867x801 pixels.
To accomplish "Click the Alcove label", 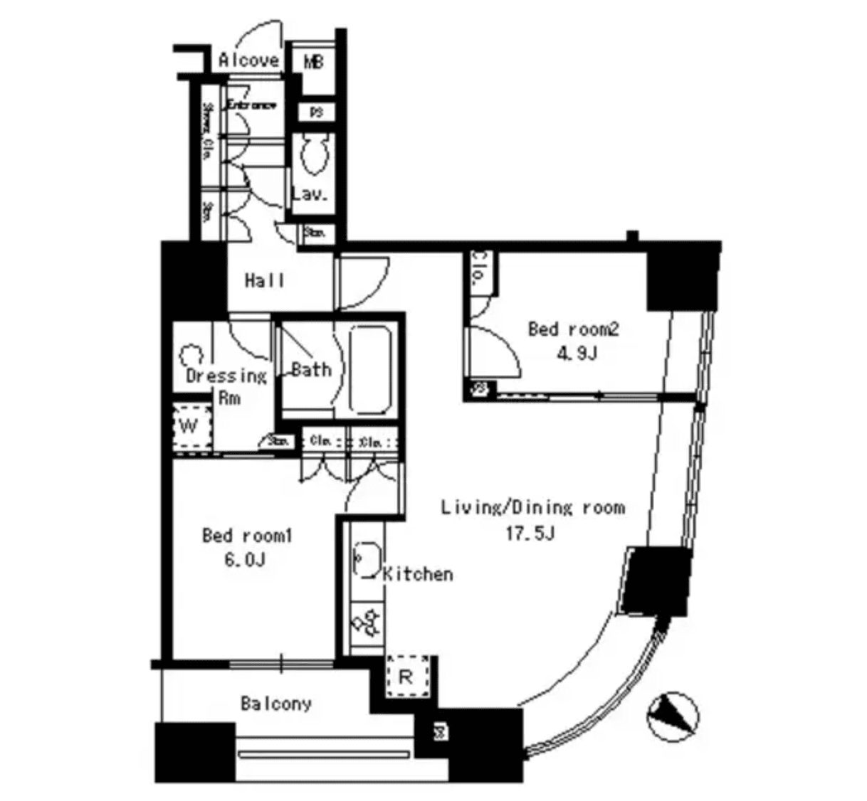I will [x=248, y=60].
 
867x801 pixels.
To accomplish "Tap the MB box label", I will [x=314, y=62].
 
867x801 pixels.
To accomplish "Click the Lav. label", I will [x=310, y=194].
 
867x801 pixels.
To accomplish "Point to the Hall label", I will [x=264, y=281].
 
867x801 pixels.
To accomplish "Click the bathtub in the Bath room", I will [x=370, y=370].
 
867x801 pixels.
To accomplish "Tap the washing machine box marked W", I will [x=190, y=427].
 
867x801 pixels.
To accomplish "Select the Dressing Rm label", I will [x=226, y=386].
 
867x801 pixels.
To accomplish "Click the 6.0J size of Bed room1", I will [x=246, y=560].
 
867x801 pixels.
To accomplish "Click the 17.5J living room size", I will [x=530, y=533].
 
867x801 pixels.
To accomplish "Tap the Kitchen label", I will [x=418, y=574].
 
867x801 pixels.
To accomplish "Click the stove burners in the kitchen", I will [x=367, y=621].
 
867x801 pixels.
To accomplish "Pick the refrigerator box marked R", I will [x=406, y=677].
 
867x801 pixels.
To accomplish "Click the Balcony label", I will [x=275, y=704].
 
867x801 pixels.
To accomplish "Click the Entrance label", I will [x=251, y=105].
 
